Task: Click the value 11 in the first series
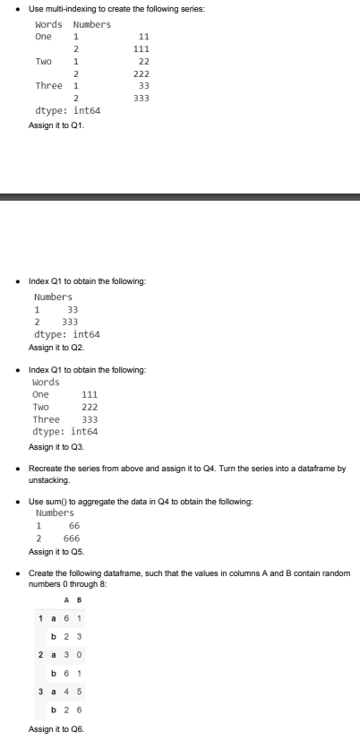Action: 143,37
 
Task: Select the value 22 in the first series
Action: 143,61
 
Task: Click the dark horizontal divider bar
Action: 180,196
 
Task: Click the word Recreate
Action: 47,469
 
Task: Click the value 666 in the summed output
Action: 72,538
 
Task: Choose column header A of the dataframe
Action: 68,600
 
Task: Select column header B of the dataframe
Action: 81,600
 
